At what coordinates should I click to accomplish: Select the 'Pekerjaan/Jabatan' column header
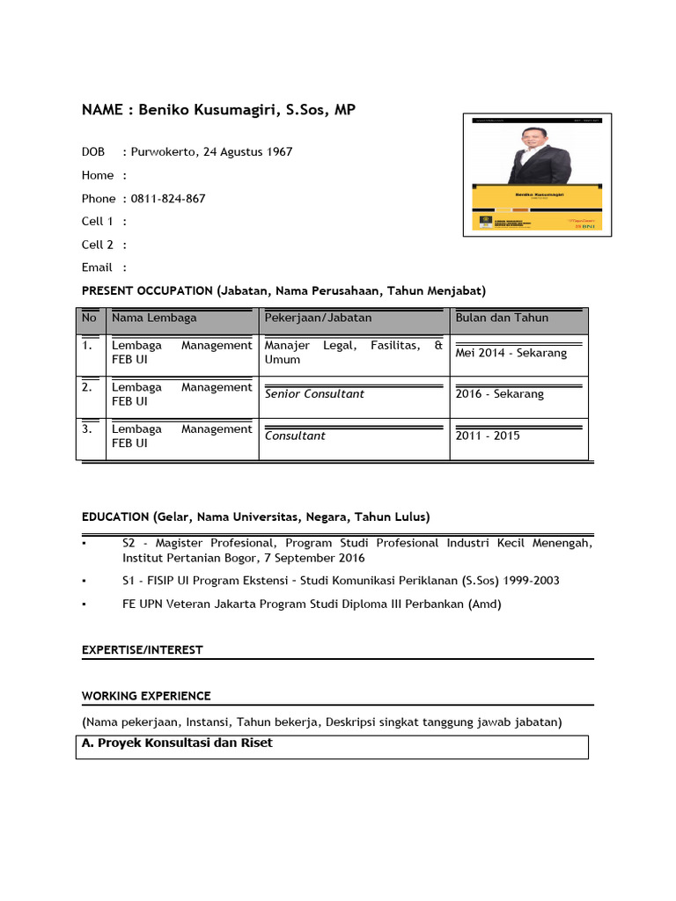[318, 318]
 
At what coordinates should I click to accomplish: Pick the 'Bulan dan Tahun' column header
[502, 318]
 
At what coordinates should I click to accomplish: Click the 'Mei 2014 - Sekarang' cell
[511, 353]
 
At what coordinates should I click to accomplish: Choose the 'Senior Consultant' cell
[314, 394]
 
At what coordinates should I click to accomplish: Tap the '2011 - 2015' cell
[488, 436]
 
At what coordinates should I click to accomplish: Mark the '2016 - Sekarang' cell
[500, 394]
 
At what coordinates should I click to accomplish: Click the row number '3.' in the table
[87, 429]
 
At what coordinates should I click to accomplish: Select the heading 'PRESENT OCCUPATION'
[145, 290]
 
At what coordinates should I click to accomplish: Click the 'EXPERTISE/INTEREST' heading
[142, 649]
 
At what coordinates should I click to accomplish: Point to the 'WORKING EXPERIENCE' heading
[146, 696]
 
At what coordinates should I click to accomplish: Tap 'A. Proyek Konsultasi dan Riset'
[177, 744]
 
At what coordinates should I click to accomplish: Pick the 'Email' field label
[97, 267]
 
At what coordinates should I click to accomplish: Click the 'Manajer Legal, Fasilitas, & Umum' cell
[353, 352]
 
